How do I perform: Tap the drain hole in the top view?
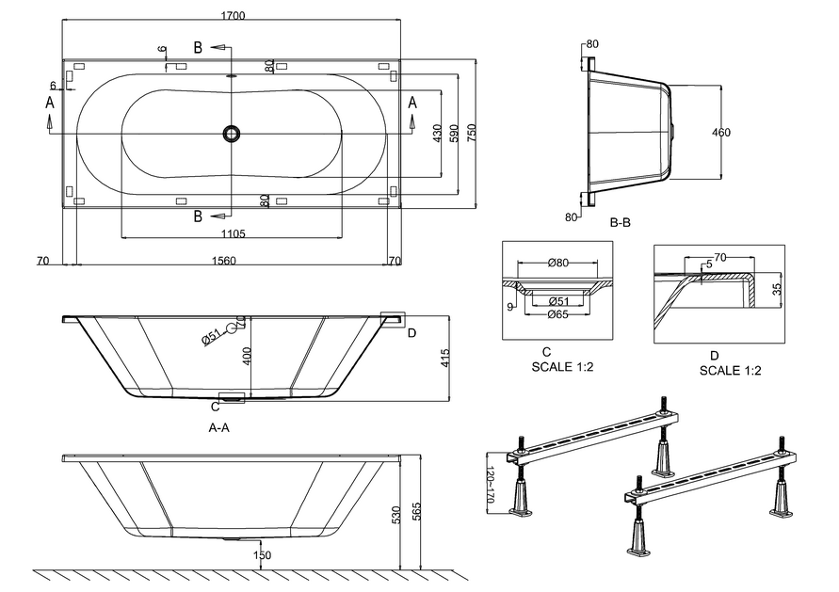[x=231, y=134]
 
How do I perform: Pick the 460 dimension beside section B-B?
[x=721, y=133]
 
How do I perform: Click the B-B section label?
[x=619, y=223]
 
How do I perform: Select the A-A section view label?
[x=219, y=427]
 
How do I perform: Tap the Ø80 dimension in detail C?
[x=558, y=263]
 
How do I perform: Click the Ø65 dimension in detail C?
[x=557, y=314]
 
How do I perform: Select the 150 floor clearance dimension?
[x=262, y=555]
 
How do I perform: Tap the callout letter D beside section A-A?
[x=411, y=331]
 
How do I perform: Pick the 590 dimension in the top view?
[x=454, y=133]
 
